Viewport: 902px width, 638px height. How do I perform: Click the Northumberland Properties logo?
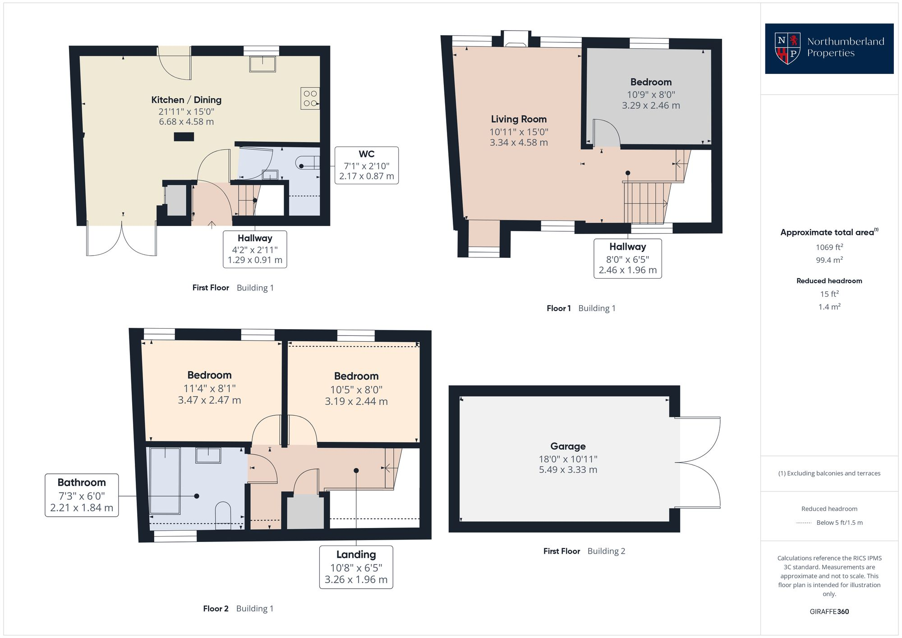pyautogui.click(x=829, y=48)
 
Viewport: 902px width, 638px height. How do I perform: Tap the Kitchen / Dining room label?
pyautogui.click(x=186, y=100)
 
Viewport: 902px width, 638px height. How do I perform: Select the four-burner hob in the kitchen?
pyautogui.click(x=310, y=98)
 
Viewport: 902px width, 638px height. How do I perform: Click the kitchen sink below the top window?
pyautogui.click(x=262, y=64)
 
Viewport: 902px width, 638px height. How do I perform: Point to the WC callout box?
pyautogui.click(x=366, y=165)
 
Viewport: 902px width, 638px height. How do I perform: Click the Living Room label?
pyautogui.click(x=519, y=119)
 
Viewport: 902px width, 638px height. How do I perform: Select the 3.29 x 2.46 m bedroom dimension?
pyautogui.click(x=651, y=106)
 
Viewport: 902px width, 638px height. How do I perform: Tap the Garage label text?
pyautogui.click(x=568, y=446)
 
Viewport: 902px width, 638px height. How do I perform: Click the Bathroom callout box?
pyautogui.click(x=82, y=495)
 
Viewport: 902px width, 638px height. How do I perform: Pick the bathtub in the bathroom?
pyautogui.click(x=165, y=480)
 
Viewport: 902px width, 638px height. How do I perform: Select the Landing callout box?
pyautogui.click(x=356, y=567)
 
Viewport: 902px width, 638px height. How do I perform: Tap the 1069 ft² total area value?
pyautogui.click(x=829, y=247)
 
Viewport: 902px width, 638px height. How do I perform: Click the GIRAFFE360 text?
pyautogui.click(x=829, y=612)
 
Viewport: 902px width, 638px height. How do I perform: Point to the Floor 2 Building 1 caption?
pyautogui.click(x=238, y=609)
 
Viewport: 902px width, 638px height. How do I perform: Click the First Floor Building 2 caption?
pyautogui.click(x=584, y=551)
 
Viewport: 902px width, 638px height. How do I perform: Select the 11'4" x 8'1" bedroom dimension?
pyautogui.click(x=209, y=388)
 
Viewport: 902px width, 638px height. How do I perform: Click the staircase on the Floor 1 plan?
pyautogui.click(x=645, y=203)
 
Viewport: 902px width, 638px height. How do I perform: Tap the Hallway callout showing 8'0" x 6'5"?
pyautogui.click(x=627, y=258)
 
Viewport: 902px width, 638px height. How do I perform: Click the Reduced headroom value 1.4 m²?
pyautogui.click(x=829, y=307)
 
